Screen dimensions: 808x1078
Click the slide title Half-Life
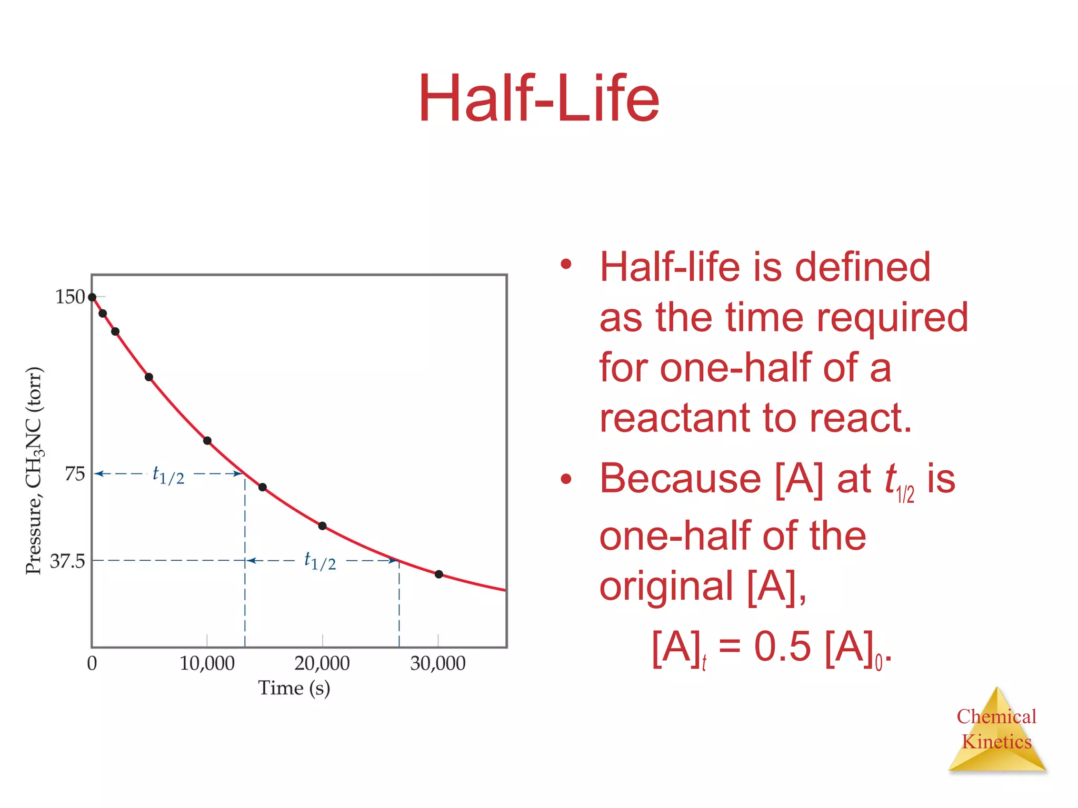[x=538, y=99]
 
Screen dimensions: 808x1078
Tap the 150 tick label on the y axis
[x=70, y=297]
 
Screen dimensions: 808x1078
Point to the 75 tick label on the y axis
[x=74, y=474]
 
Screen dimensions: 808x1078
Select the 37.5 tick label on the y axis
[x=67, y=562]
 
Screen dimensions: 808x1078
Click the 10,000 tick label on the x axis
[x=207, y=664]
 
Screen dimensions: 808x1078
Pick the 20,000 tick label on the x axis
[x=322, y=664]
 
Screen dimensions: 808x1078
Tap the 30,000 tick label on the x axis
[x=437, y=664]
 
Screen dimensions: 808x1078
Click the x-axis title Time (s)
[x=294, y=689]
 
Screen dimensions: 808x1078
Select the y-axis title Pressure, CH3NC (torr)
[x=34, y=471]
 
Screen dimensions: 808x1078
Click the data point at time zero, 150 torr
[x=92, y=297]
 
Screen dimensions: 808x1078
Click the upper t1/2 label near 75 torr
[x=168, y=475]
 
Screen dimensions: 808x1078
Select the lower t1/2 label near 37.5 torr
[x=320, y=561]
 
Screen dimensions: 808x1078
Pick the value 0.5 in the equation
[x=782, y=647]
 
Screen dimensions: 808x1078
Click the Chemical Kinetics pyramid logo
[x=996, y=731]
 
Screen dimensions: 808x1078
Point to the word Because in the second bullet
[x=680, y=479]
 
